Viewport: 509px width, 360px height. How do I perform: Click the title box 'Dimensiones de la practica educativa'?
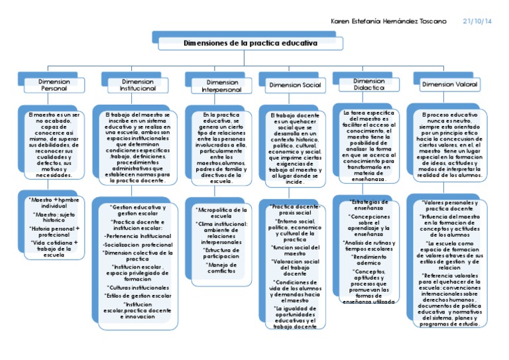point(251,43)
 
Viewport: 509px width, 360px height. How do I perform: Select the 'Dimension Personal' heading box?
point(54,85)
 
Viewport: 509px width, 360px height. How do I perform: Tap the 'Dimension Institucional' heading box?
point(138,85)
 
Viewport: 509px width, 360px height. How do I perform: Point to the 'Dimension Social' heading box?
point(295,85)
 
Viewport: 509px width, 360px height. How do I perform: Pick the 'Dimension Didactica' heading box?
point(369,85)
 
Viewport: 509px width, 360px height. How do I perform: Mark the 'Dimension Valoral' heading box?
point(450,85)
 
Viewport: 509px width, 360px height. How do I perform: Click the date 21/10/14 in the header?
point(478,21)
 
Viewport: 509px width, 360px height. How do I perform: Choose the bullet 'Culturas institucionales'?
point(138,288)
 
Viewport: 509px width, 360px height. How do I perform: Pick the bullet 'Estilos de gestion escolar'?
point(138,296)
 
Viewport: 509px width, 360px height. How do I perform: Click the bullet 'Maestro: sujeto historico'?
point(54,217)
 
